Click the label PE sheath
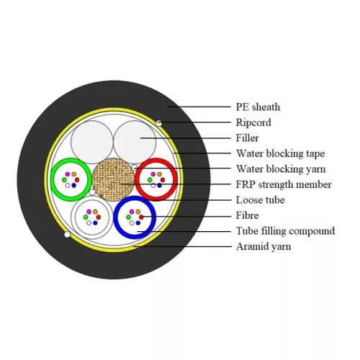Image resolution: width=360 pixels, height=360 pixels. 258,107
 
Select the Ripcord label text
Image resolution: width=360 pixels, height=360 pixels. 253,122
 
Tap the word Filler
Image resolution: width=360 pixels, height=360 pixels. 247,138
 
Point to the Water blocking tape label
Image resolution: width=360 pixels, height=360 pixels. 280,153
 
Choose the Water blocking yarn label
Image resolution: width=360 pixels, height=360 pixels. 281,169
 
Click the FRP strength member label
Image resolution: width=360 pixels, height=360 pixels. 284,184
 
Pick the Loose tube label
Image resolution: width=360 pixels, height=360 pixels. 260,200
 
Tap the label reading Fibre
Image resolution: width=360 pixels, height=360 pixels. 247,215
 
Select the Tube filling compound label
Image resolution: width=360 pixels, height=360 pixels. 285,231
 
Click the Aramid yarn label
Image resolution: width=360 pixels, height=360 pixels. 264,246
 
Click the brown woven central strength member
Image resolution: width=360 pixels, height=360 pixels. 114,179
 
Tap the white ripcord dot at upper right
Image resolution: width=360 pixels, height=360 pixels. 158,123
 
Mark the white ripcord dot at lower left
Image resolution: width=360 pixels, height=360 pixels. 67,235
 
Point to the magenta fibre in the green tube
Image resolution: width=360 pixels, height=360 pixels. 68,174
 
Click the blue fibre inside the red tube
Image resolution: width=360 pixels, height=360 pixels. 159,185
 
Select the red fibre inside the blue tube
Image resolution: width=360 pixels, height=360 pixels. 141,217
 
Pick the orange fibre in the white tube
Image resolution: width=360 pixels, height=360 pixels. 95,212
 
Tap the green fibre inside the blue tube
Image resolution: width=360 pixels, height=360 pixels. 128,217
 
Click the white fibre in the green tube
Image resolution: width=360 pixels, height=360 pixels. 68,185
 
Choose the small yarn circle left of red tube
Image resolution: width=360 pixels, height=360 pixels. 135,167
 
